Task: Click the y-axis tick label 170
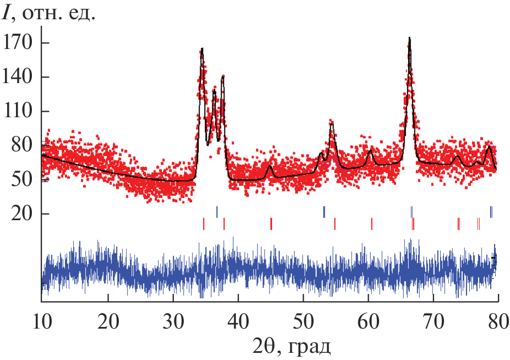click(x=18, y=43)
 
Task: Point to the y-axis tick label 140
click(x=18, y=77)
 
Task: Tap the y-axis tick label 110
click(x=18, y=111)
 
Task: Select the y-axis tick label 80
click(x=23, y=145)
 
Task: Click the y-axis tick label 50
click(x=23, y=179)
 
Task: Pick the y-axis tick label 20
click(x=23, y=214)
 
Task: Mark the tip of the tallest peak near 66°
click(x=409, y=38)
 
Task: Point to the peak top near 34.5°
click(x=202, y=48)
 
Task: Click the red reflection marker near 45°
click(x=271, y=223)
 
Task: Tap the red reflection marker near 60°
click(x=372, y=223)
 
